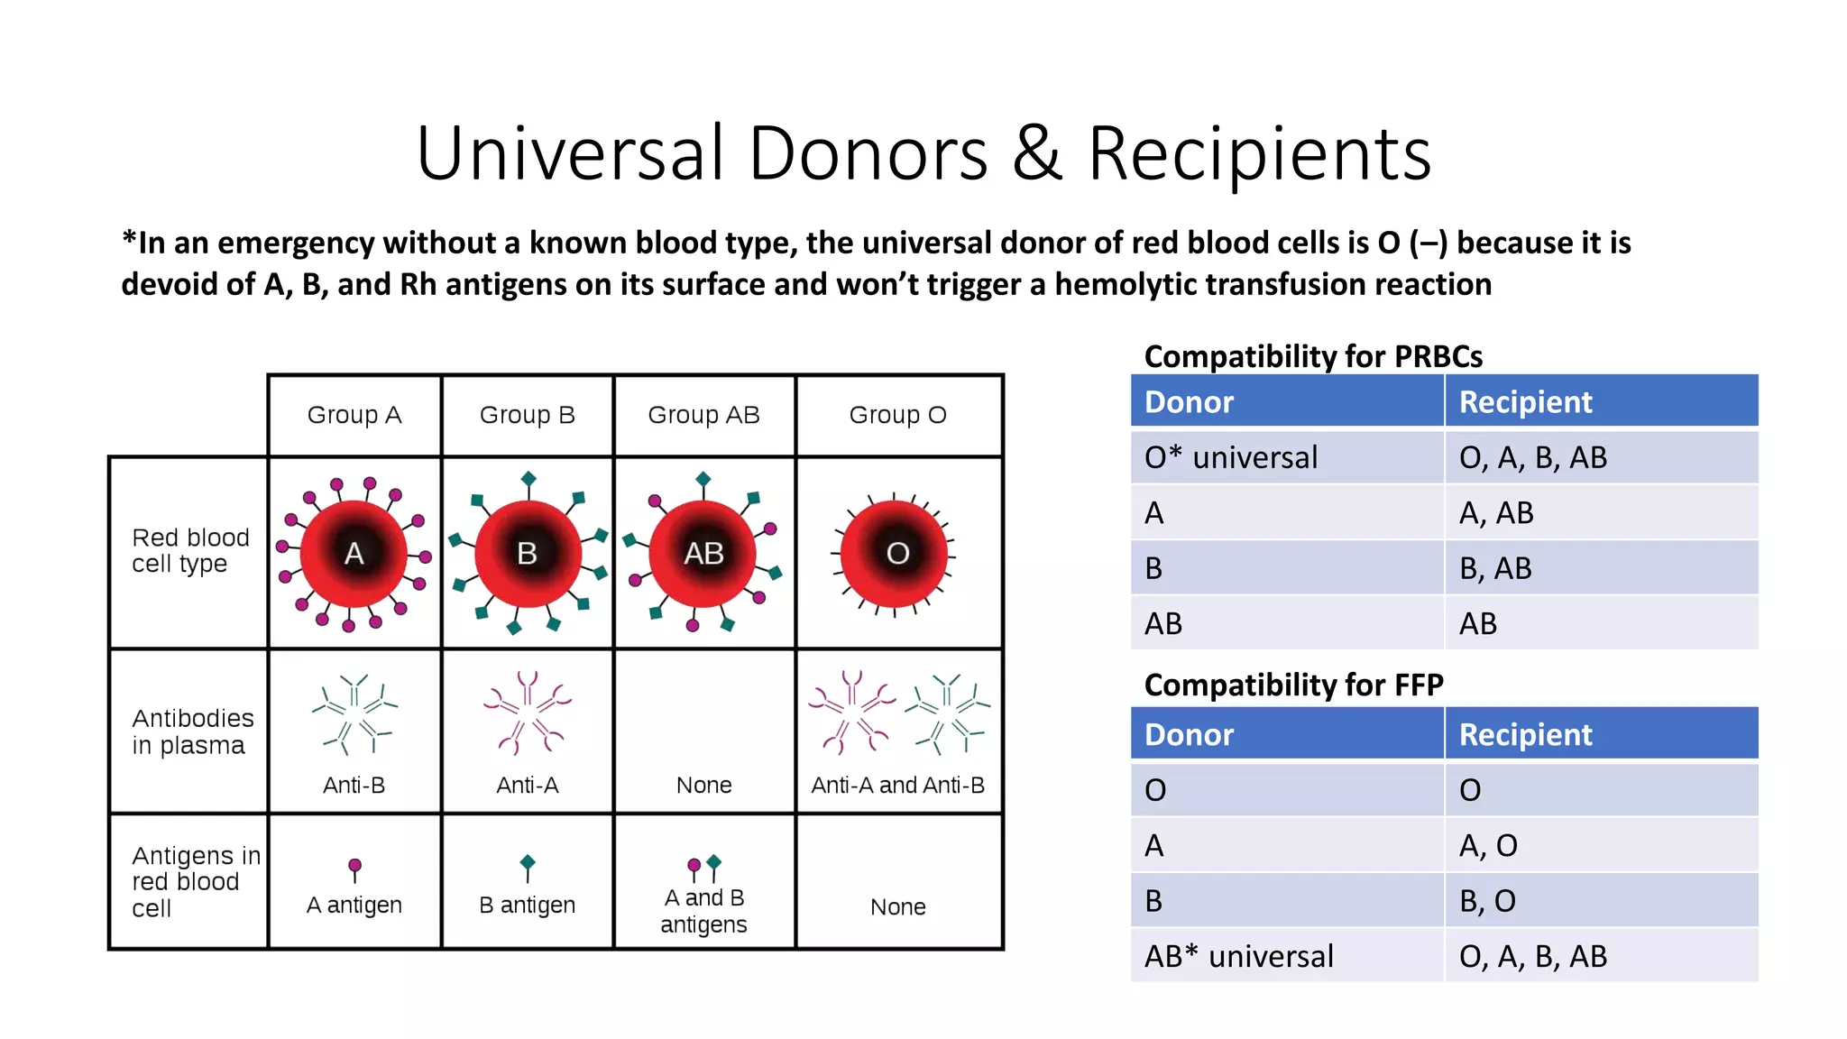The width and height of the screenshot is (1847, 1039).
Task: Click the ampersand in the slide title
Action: (1037, 153)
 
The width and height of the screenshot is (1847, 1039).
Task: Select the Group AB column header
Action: (703, 415)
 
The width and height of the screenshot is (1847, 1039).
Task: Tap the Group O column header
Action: (897, 415)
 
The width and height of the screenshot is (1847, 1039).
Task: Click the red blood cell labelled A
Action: (354, 553)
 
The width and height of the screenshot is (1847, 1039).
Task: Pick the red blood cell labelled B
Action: (528, 553)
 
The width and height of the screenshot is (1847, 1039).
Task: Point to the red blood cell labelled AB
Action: (703, 553)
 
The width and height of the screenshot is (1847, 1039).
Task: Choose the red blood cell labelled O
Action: (896, 553)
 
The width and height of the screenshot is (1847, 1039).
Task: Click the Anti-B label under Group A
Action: (354, 785)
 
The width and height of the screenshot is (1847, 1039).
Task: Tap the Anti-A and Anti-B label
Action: (897, 785)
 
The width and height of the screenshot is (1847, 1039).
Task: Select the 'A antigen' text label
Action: (354, 905)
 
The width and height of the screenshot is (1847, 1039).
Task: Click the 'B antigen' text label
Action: (528, 905)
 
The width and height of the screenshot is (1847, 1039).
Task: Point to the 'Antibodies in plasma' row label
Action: (192, 731)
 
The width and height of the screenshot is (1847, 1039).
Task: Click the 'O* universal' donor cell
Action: (1231, 457)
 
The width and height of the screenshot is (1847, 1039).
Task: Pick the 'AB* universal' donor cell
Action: (1238, 956)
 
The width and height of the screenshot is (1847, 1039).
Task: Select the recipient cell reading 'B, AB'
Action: (1495, 568)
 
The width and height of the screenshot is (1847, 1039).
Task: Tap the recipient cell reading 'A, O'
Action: (1488, 845)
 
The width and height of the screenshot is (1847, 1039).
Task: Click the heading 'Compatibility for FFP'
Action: (1293, 685)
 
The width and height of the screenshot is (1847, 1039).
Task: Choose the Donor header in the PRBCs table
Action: (1189, 401)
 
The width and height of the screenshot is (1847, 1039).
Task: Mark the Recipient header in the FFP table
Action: (1525, 734)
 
